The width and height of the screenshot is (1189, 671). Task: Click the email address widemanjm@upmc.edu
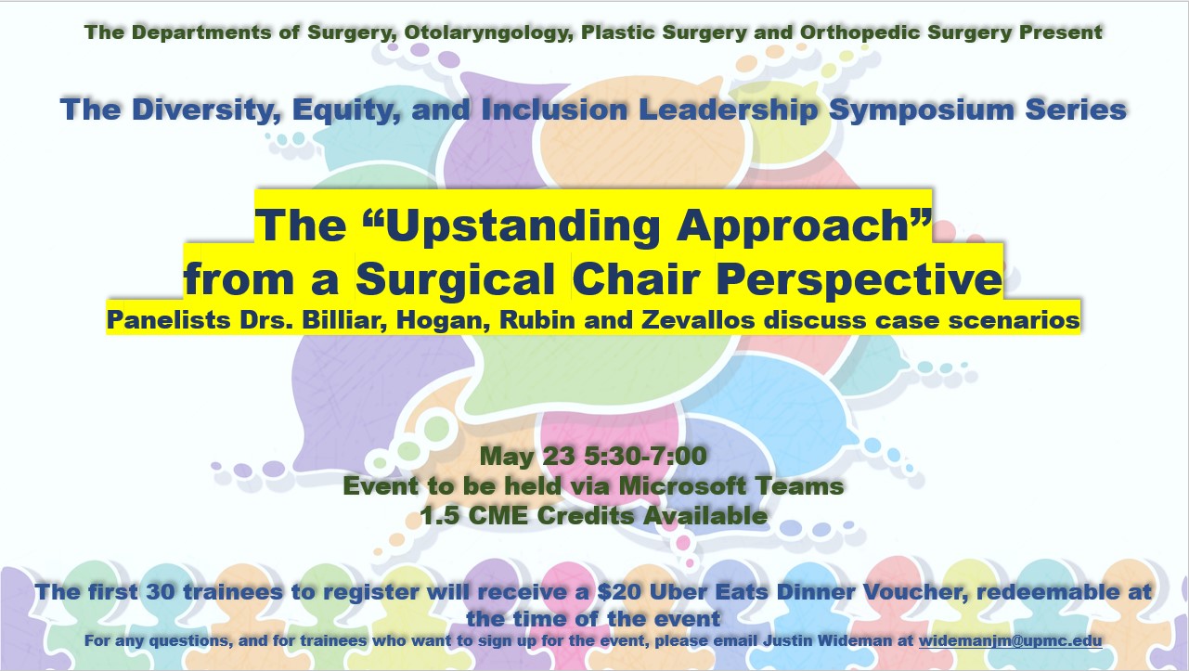(x=1010, y=640)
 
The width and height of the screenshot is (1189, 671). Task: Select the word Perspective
(x=859, y=279)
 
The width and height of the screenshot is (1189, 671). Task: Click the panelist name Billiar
(x=344, y=320)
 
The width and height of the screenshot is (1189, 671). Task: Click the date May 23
(x=527, y=456)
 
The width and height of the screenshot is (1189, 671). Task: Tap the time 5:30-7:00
(x=646, y=456)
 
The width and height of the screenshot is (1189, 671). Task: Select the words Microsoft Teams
(x=730, y=485)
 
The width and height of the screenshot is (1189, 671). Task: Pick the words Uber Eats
(x=708, y=592)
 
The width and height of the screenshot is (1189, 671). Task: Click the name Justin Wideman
(x=828, y=640)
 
